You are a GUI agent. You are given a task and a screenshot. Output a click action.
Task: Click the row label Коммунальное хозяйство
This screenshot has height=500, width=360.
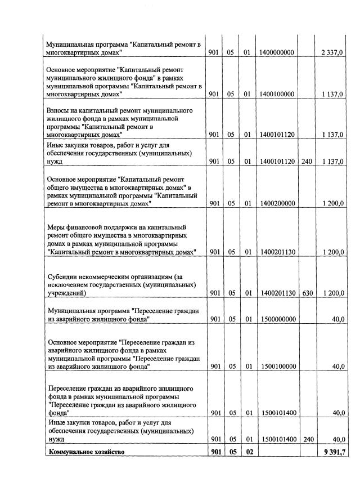(86, 452)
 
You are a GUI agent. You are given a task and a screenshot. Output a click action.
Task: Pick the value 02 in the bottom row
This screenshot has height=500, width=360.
(247, 452)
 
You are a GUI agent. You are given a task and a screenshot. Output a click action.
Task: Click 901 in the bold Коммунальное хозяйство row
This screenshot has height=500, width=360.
(214, 452)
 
